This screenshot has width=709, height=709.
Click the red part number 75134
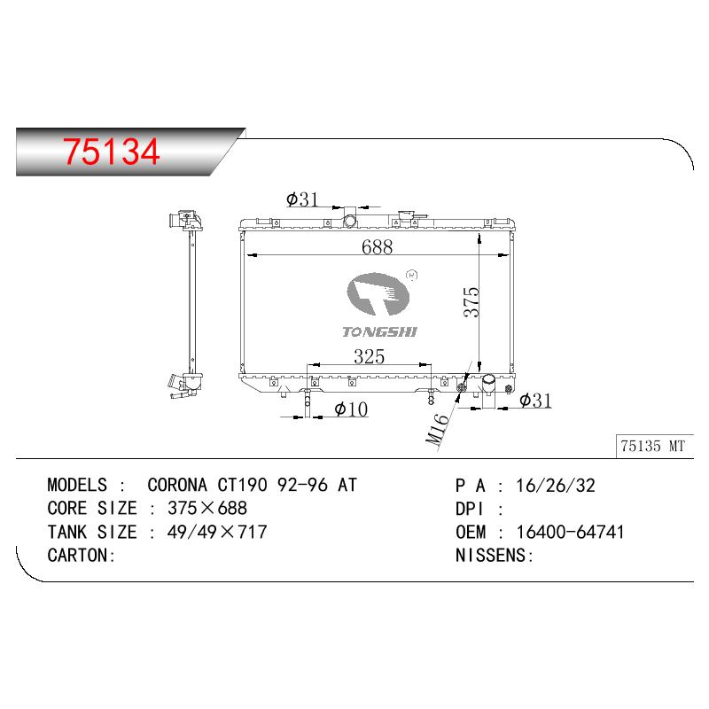click(x=112, y=151)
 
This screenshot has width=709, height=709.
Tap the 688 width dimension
click(x=378, y=247)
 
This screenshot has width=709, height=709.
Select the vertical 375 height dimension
click(x=471, y=301)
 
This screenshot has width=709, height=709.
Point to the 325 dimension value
click(x=369, y=357)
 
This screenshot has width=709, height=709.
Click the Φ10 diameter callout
click(x=351, y=409)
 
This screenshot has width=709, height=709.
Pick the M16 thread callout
click(x=437, y=429)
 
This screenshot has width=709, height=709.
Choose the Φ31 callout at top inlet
click(x=302, y=199)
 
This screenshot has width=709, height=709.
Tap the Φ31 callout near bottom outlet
click(x=535, y=401)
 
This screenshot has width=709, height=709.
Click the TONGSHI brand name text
click(x=380, y=331)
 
